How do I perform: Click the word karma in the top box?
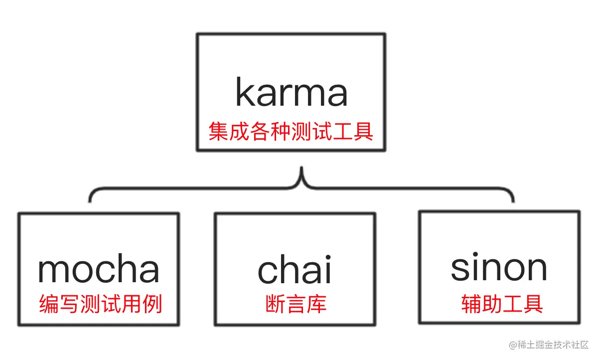coord(291,93)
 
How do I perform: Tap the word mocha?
coord(99,269)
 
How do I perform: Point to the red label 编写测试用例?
coord(101,304)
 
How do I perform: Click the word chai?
coord(294,270)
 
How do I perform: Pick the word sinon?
coord(499,268)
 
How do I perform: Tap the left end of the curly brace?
coord(90,200)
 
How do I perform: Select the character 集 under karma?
coord(218,132)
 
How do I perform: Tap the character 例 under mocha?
coord(153,304)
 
